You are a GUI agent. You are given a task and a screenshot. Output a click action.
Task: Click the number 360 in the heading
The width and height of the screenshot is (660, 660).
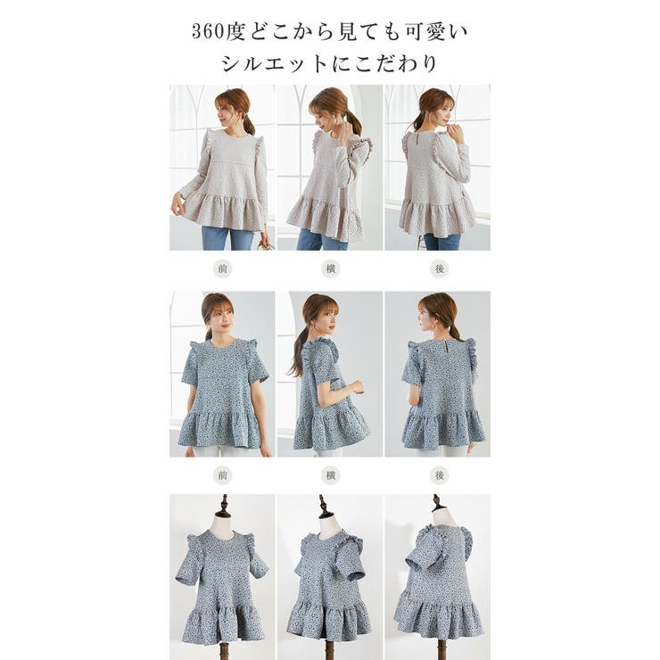coord(208,32)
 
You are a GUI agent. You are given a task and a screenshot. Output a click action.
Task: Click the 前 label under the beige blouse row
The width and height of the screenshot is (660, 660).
coord(222,268)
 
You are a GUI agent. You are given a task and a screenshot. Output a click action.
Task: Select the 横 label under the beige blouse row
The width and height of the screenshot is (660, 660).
coord(330,268)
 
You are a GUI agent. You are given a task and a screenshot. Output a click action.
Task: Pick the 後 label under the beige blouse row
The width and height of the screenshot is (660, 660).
coord(439,268)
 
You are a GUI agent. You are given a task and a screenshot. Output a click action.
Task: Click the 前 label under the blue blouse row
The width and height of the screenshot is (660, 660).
coord(222,475)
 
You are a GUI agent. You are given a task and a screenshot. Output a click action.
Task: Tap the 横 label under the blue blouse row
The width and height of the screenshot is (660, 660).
coord(330,475)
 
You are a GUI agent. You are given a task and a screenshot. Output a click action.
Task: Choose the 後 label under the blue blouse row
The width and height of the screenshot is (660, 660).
coord(439,475)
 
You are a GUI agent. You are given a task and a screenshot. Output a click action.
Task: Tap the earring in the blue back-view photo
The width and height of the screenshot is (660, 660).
coord(425,326)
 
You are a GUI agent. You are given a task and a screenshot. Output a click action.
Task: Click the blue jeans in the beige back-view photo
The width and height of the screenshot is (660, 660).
coord(441,241)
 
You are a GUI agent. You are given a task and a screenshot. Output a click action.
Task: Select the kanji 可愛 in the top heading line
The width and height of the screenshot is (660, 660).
coord(425,32)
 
